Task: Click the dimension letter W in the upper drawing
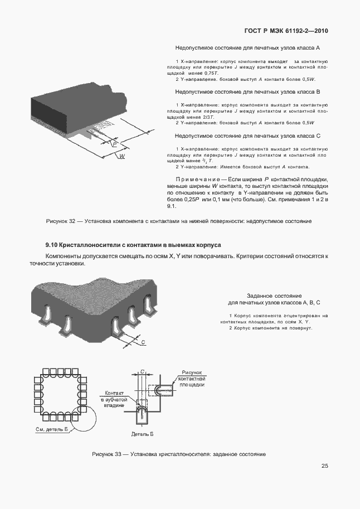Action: (x=121, y=157)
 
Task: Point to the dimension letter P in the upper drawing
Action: (x=114, y=143)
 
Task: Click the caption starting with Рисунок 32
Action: (x=178, y=221)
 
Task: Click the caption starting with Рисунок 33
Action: (x=178, y=454)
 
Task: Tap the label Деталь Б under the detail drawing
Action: (x=142, y=433)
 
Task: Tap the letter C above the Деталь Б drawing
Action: (x=142, y=371)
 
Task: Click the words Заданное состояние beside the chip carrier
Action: (x=274, y=295)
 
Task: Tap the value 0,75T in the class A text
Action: (x=212, y=73)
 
